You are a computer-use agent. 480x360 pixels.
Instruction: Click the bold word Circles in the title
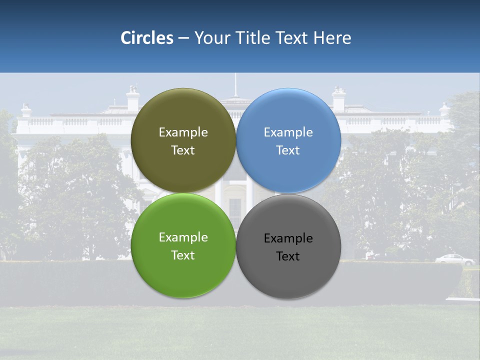(x=146, y=38)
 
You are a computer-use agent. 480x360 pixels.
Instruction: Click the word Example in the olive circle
(x=183, y=132)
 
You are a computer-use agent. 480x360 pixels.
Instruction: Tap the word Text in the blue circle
(x=288, y=150)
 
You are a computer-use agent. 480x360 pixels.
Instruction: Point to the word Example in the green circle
(x=183, y=237)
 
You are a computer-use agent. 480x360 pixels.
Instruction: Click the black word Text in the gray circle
(x=288, y=256)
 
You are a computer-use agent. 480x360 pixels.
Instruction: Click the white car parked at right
(x=454, y=259)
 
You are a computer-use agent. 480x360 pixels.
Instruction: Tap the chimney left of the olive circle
(x=132, y=99)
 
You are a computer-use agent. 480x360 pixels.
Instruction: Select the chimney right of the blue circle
(x=339, y=99)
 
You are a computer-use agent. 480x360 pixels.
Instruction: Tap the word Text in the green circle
(x=183, y=255)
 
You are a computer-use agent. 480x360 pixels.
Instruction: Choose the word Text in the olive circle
(x=183, y=150)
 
